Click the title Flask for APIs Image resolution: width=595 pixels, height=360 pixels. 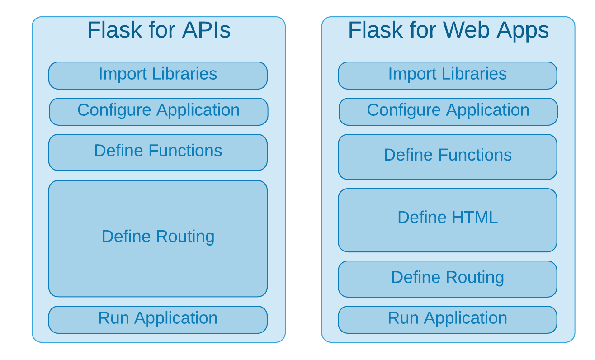159,30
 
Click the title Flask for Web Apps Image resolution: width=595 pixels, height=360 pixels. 448,30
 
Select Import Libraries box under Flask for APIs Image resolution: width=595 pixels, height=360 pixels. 158,75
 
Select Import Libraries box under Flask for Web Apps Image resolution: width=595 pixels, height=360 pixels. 447,75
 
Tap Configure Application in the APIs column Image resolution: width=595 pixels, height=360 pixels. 158,111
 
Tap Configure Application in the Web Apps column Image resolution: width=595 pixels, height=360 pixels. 448,111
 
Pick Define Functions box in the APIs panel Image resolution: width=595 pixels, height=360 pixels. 158,152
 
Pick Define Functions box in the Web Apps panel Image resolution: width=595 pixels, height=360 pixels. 447,156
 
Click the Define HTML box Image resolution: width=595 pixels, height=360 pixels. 447,220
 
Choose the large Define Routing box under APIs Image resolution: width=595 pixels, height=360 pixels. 158,238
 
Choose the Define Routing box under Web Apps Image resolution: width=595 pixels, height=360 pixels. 447,279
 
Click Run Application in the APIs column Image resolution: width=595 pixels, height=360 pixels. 158,319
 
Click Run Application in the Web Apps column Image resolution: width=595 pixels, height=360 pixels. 447,319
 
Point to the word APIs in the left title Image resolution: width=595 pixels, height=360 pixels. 206,30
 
